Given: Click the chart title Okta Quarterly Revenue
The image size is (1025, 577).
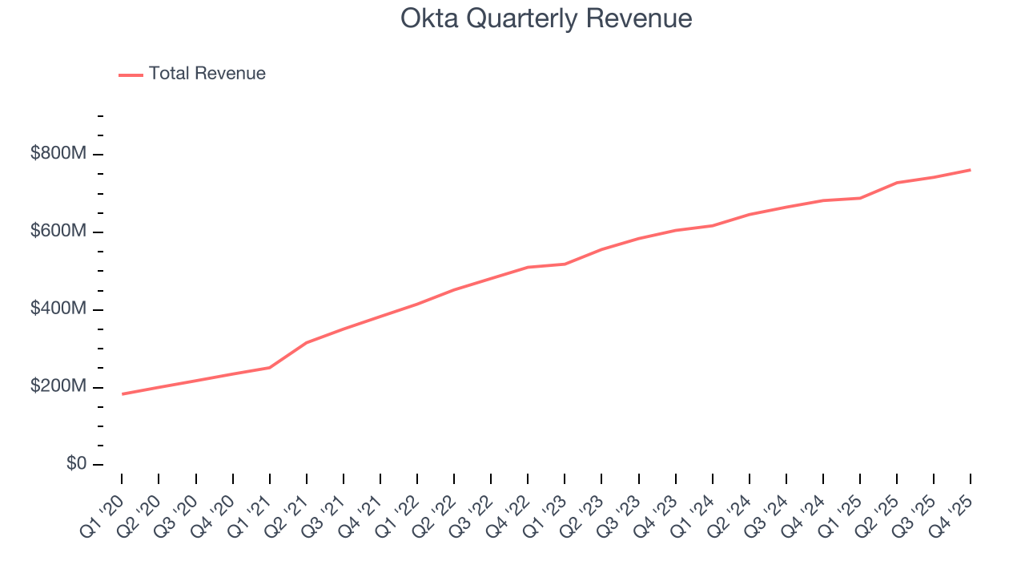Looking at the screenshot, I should point(546,18).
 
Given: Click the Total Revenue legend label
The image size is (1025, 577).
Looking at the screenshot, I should point(207,74).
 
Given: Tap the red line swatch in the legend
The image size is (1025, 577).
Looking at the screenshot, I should point(131,75).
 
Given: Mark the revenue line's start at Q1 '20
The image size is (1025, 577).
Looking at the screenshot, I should point(123,393).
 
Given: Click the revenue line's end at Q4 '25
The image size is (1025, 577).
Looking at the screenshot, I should point(971,170).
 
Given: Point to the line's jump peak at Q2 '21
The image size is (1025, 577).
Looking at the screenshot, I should point(307,342).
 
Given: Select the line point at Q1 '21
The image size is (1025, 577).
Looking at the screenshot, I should point(270,367).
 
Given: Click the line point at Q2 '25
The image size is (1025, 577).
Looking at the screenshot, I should point(897,183).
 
